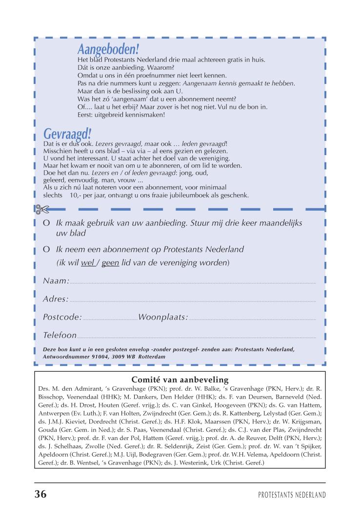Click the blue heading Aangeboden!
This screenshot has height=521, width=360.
(x=108, y=49)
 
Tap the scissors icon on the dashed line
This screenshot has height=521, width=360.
(x=42, y=209)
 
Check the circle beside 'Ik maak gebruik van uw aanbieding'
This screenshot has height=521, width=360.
(x=47, y=223)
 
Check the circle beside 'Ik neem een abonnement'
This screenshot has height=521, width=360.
(x=47, y=249)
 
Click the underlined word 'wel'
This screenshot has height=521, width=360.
(x=88, y=262)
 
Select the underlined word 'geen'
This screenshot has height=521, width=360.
(x=110, y=262)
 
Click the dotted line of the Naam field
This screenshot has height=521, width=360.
(x=193, y=282)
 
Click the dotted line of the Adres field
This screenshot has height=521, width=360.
(x=193, y=301)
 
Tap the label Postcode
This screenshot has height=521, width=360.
(x=62, y=318)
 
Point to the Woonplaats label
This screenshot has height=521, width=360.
(x=163, y=318)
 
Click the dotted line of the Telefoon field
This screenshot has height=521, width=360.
(x=195, y=337)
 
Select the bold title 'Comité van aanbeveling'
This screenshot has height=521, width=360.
(x=180, y=380)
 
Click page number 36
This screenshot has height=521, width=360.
(x=40, y=494)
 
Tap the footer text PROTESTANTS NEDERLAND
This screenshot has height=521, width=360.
(x=292, y=495)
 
